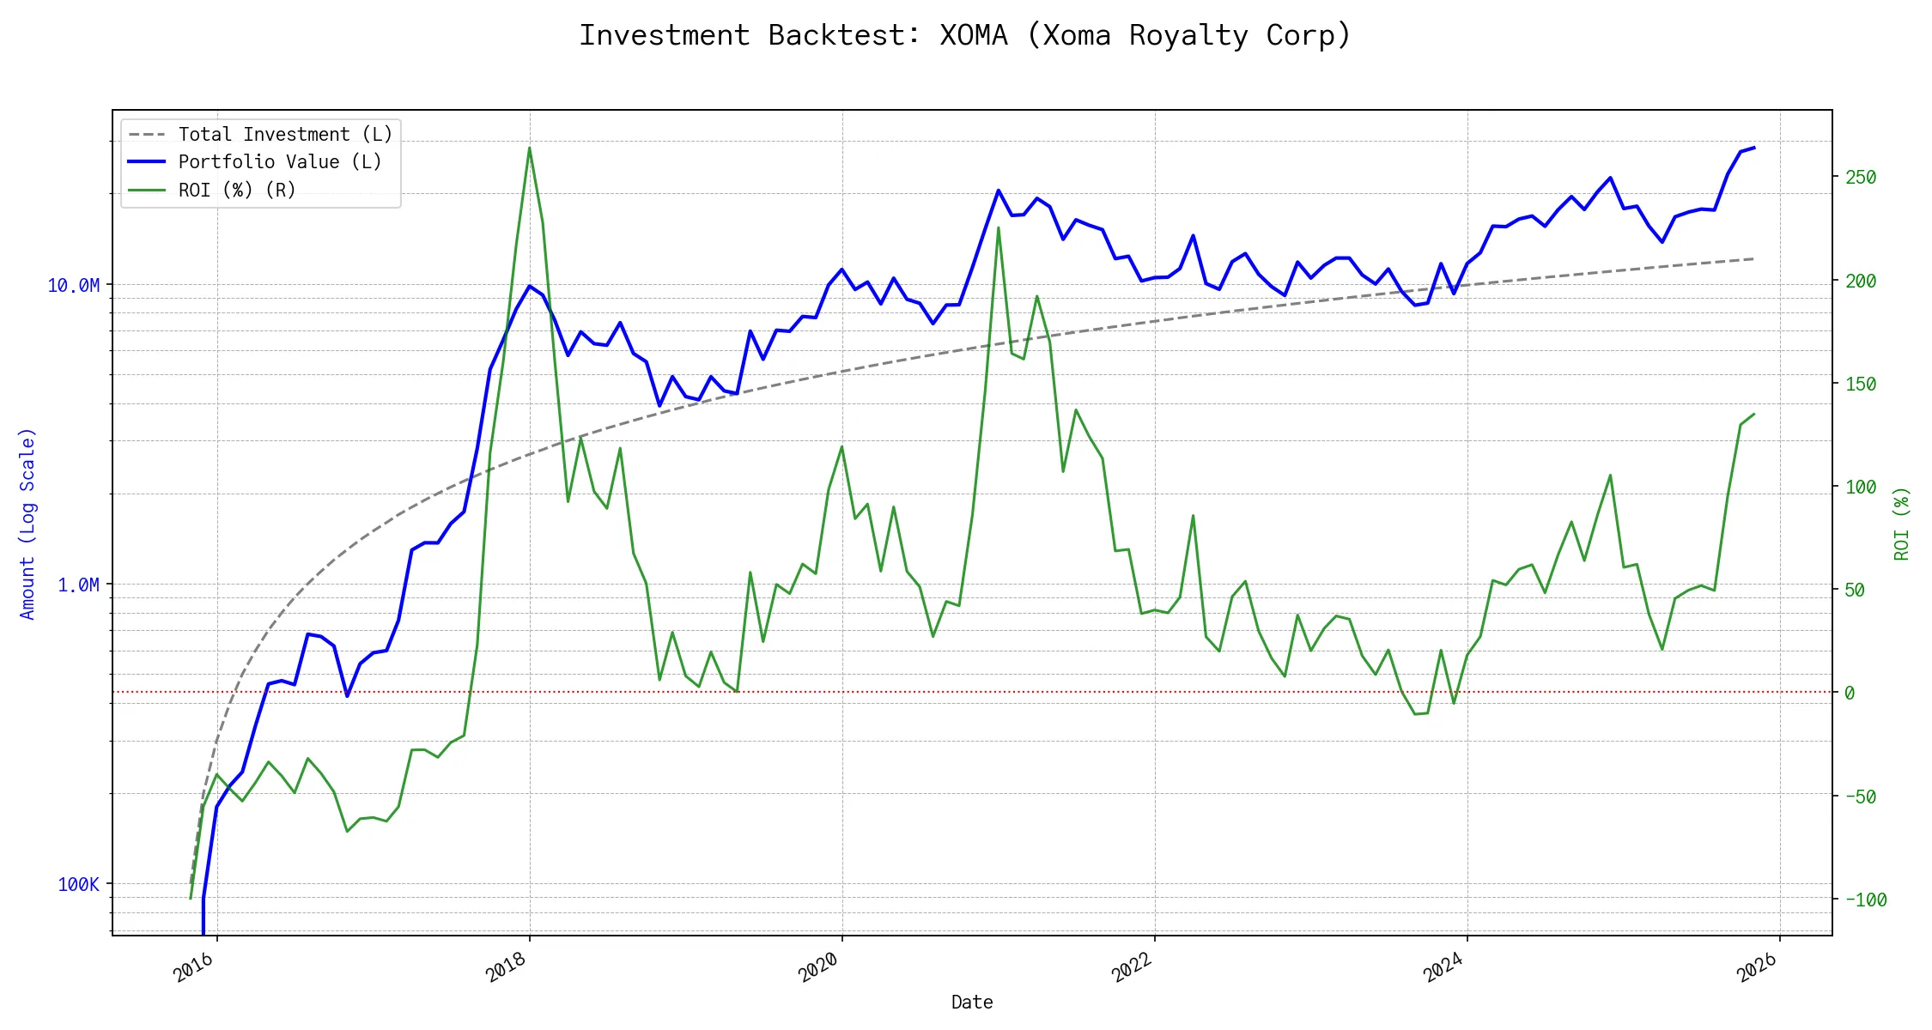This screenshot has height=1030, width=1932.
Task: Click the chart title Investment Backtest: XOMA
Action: pyautogui.click(x=965, y=35)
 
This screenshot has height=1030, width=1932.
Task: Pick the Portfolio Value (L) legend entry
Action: pyautogui.click(x=280, y=162)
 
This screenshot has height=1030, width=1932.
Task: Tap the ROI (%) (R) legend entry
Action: pyautogui.click(x=237, y=190)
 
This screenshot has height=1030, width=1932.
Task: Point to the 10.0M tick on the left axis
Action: pyautogui.click(x=73, y=285)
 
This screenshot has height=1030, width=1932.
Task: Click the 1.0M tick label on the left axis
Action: pyautogui.click(x=78, y=585)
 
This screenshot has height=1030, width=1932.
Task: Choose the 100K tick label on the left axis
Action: pyautogui.click(x=78, y=884)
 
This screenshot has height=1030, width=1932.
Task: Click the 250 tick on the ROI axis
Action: pyautogui.click(x=1861, y=178)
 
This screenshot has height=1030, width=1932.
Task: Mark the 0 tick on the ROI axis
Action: pyautogui.click(x=1850, y=693)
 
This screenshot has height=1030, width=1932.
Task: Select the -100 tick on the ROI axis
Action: pyautogui.click(x=1866, y=900)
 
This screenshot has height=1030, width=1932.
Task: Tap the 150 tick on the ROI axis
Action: pyautogui.click(x=1861, y=384)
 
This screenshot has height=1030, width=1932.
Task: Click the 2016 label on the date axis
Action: pyautogui.click(x=194, y=967)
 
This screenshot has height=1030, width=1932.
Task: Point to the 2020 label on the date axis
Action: pyautogui.click(x=819, y=967)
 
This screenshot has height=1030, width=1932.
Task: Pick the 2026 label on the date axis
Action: pyautogui.click(x=1757, y=967)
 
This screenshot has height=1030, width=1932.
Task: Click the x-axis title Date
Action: pyautogui.click(x=972, y=1003)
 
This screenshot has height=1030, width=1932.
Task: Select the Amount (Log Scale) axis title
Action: pyautogui.click(x=27, y=524)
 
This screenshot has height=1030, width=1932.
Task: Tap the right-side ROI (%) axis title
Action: pyautogui.click(x=1902, y=524)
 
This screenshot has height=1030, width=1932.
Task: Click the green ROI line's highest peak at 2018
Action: pyautogui.click(x=529, y=148)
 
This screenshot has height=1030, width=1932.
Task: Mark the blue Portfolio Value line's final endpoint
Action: pyautogui.click(x=1754, y=148)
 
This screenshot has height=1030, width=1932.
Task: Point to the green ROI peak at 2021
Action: pyautogui.click(x=998, y=227)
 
